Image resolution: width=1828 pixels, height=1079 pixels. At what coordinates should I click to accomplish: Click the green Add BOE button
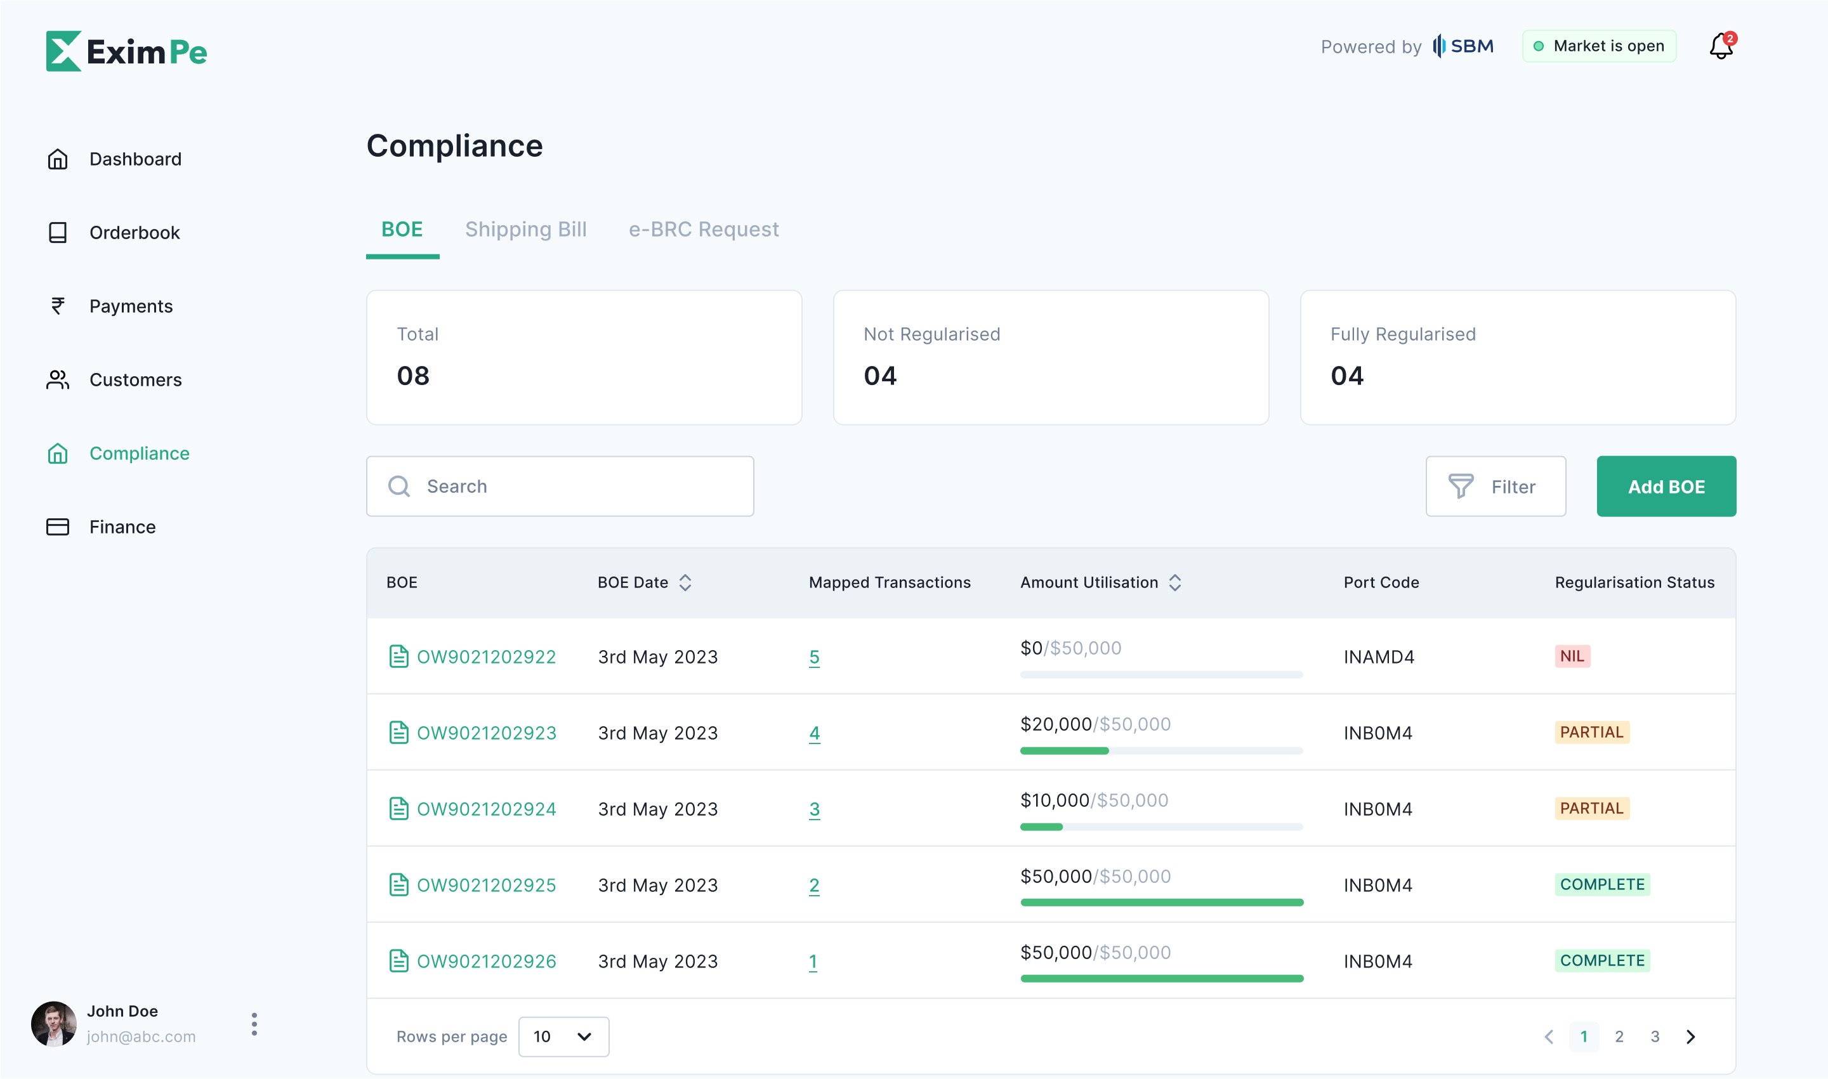point(1666,487)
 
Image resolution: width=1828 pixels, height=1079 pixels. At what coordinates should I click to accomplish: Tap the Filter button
point(1496,487)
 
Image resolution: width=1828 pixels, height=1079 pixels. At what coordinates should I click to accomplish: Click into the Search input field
point(560,487)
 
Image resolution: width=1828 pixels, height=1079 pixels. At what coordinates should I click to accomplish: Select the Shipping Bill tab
point(526,230)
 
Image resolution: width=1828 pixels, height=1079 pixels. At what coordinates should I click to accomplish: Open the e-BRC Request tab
point(704,230)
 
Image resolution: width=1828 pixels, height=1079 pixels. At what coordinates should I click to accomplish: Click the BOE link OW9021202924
point(487,809)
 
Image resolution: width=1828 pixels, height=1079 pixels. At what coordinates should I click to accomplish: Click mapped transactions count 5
point(815,657)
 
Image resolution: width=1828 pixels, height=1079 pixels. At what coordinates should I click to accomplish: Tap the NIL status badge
point(1572,656)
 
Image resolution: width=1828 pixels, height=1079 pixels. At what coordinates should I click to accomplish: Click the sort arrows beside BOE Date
point(685,582)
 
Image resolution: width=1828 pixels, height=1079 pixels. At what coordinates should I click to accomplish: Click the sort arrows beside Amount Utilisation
point(1175,582)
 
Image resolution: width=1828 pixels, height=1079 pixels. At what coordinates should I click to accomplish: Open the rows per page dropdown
point(563,1036)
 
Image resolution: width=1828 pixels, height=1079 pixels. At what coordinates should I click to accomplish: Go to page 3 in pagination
point(1655,1036)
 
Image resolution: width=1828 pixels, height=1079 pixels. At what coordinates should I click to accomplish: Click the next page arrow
point(1690,1036)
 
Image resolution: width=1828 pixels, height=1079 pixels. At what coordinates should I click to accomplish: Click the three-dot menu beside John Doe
point(254,1024)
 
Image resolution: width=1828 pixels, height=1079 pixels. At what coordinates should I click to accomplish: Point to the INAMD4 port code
point(1379,657)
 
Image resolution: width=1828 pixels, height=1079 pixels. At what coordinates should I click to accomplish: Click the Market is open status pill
point(1599,46)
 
